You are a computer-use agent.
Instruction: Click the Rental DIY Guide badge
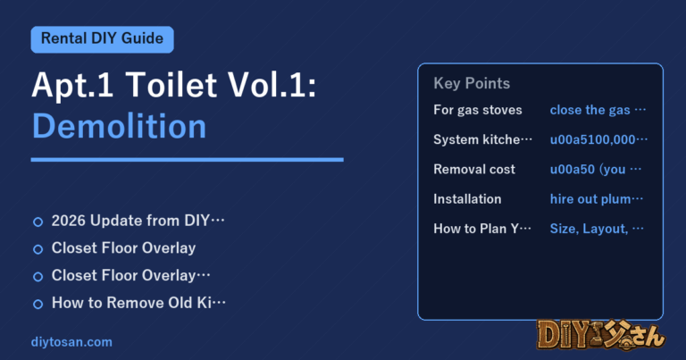103,39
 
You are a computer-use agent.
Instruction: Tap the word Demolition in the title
119,126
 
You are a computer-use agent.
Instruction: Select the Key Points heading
472,83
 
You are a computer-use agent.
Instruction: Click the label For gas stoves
478,110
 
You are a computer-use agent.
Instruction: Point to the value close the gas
598,110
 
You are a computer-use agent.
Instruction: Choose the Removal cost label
474,170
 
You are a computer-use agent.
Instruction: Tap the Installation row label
467,199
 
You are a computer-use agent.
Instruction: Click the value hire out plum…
597,199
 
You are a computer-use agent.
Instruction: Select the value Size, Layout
597,229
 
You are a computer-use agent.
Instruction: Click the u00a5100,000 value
598,139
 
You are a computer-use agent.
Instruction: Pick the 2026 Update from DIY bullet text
138,221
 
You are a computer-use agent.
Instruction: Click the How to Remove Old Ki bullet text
138,303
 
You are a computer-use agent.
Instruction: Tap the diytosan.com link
71,341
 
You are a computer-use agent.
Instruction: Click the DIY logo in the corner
600,336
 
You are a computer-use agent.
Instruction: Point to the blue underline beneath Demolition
188,160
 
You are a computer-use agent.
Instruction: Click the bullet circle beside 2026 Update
38,222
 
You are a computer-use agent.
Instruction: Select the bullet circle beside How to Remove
38,304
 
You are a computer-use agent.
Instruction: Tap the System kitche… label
482,139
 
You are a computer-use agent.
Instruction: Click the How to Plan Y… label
482,229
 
